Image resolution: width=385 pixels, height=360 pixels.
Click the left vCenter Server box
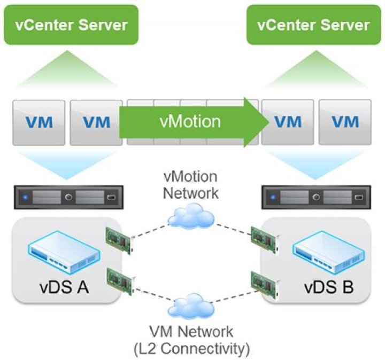(x=71, y=25)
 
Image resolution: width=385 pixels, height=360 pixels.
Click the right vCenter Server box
(x=313, y=25)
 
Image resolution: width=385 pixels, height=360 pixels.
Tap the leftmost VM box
(x=38, y=122)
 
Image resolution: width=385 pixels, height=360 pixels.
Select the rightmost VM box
(x=345, y=122)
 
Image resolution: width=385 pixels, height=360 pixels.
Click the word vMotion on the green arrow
(x=190, y=122)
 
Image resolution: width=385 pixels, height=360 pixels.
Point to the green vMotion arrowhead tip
(x=269, y=122)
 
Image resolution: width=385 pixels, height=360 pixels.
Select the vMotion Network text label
(x=191, y=184)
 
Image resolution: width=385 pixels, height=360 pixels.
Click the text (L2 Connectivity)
(x=191, y=349)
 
